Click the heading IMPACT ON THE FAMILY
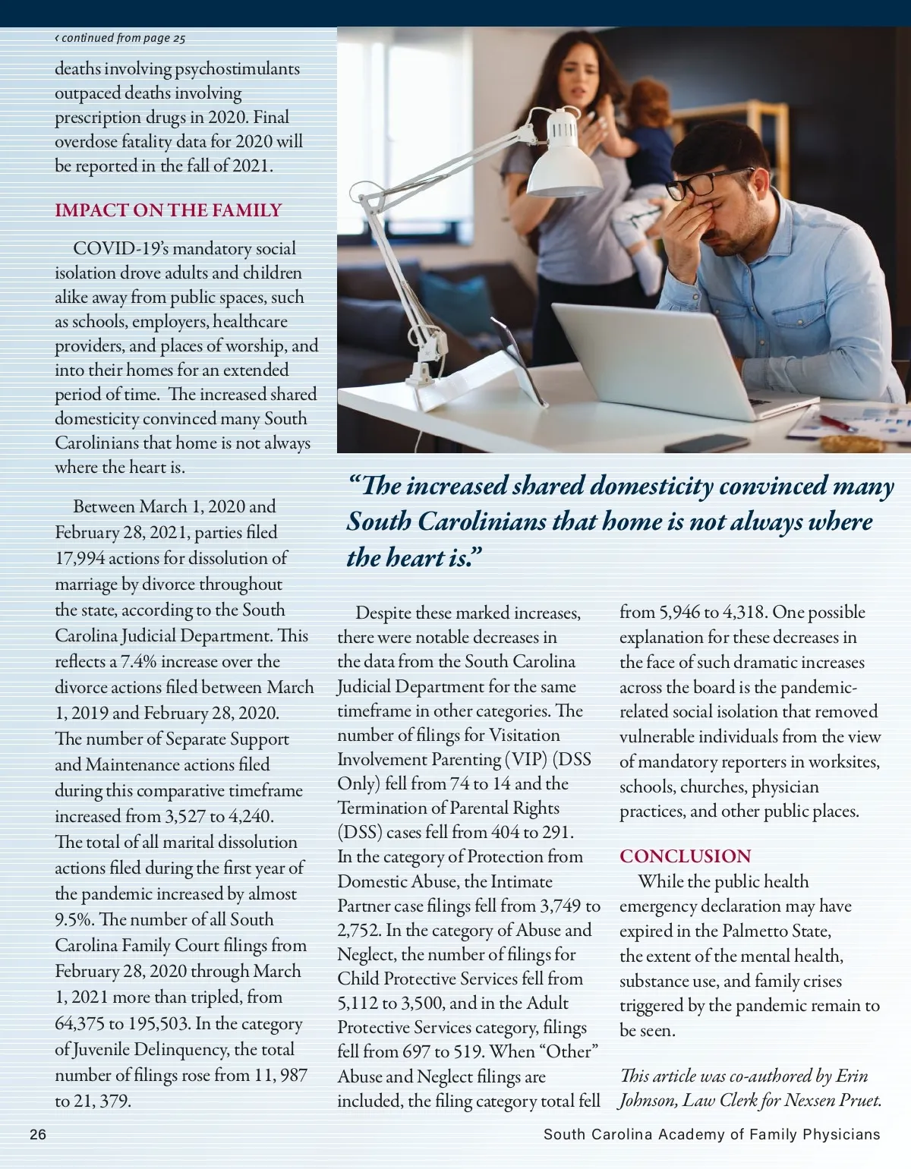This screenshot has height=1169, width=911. click(168, 210)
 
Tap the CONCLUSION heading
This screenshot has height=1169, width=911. click(685, 856)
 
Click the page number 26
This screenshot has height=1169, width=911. click(38, 1135)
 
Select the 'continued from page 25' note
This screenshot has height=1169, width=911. click(120, 38)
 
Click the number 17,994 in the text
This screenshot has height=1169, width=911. click(80, 559)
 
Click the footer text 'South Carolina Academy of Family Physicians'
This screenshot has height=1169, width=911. click(711, 1135)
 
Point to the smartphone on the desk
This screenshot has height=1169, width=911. click(706, 443)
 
